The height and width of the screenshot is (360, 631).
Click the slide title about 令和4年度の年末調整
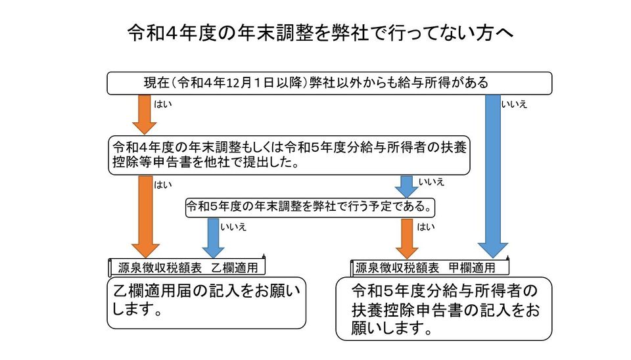[315, 32]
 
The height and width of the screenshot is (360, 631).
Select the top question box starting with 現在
[329, 83]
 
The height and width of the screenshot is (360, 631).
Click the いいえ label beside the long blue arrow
[514, 104]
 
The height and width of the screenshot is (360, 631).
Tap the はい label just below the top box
[162, 104]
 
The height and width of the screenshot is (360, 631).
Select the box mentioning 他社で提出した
[289, 154]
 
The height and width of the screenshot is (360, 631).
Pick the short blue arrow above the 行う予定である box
[407, 186]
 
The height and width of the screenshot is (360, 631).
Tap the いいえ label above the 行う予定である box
[431, 181]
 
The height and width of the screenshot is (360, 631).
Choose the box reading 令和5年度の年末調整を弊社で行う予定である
[311, 207]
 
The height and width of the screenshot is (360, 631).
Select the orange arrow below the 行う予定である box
[407, 237]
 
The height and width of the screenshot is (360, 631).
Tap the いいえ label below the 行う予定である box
[233, 227]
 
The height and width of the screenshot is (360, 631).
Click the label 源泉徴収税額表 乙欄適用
[187, 267]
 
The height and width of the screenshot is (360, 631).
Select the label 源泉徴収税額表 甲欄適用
[431, 267]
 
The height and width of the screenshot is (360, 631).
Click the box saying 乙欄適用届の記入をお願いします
[206, 302]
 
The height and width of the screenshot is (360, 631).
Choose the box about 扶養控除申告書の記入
[444, 309]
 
